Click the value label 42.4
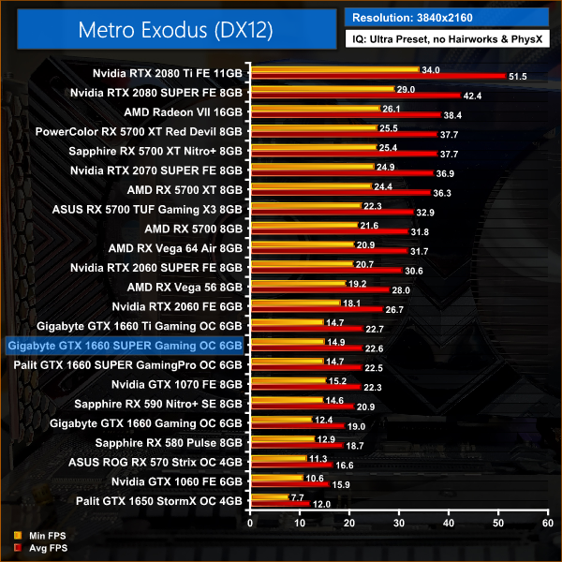471,95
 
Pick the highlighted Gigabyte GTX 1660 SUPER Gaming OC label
125,346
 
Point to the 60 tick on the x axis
547,525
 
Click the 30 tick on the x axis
398,525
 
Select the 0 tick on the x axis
248,525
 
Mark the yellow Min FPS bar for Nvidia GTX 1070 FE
286,380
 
